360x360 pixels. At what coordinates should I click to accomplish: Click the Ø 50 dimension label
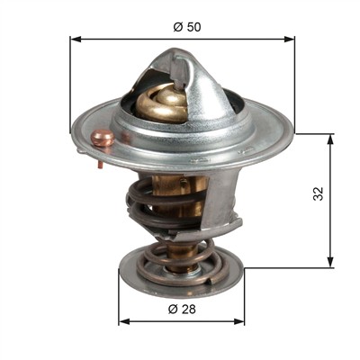point(187,27)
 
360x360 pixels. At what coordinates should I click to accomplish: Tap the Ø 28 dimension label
point(182,309)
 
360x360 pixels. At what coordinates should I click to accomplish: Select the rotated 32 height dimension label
point(319,193)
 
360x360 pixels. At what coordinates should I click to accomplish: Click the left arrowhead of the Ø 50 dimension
point(76,39)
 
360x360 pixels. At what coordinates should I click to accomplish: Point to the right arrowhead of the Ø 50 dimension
point(289,39)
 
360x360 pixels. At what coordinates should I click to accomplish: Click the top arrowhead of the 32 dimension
point(330,139)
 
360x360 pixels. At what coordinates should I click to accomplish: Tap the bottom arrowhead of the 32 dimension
point(330,261)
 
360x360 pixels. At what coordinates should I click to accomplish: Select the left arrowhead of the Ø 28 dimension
point(124,321)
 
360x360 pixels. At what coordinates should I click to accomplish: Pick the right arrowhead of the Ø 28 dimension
point(239,321)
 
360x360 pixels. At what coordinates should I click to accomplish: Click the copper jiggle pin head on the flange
point(103,139)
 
